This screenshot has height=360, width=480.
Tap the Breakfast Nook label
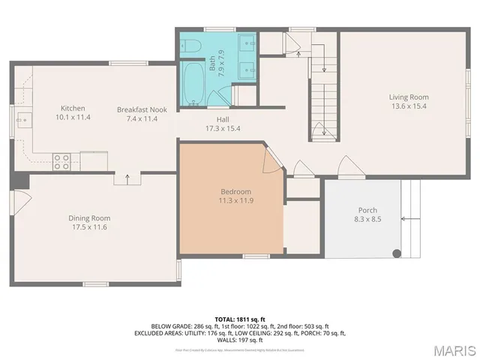point(141,109)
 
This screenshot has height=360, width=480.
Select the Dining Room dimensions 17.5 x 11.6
point(91,227)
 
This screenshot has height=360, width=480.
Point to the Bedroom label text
point(235,191)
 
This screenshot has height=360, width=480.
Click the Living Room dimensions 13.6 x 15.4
point(408,106)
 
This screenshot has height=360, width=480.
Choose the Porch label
point(367,210)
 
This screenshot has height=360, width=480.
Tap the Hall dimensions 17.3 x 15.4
point(223,128)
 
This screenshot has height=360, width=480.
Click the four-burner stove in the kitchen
point(62,160)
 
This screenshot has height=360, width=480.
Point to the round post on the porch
point(397,253)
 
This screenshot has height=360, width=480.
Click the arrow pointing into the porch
point(409,218)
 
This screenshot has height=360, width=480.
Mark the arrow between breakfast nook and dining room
point(126,178)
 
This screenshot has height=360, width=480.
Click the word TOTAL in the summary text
point(226,318)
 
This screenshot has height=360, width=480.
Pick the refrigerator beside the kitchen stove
point(94,160)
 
